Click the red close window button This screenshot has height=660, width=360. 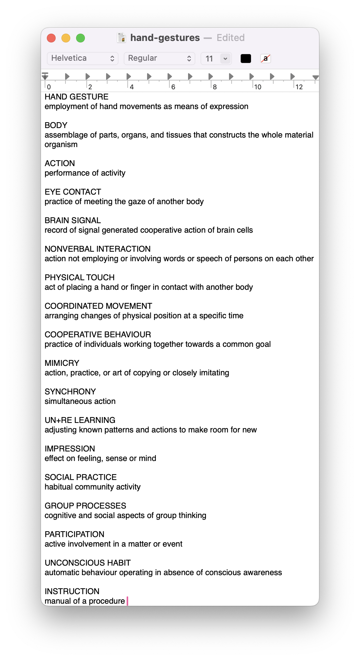click(x=51, y=38)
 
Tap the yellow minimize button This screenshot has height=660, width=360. click(x=66, y=38)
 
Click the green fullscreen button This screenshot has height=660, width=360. click(x=80, y=38)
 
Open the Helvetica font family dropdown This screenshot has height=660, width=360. click(x=83, y=59)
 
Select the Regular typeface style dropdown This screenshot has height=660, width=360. click(x=160, y=59)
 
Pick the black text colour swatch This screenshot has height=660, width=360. click(x=246, y=59)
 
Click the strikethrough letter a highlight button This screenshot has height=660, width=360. click(x=266, y=59)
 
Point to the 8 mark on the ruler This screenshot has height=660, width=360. click(x=215, y=87)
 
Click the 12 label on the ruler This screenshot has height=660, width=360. click(x=299, y=87)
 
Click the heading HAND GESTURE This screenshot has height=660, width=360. click(x=76, y=97)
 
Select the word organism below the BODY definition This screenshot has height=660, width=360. click(x=61, y=145)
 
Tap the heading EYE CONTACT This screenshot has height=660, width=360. click(x=73, y=192)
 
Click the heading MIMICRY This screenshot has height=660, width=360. click(x=62, y=363)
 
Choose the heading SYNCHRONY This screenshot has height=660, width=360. click(x=70, y=392)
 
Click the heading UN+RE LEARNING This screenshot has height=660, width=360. click(x=80, y=420)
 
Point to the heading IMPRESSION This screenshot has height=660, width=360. click(x=70, y=449)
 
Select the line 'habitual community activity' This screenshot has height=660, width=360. click(x=93, y=487)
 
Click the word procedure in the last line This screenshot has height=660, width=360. click(x=107, y=601)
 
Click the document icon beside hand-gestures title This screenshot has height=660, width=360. click(x=121, y=38)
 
